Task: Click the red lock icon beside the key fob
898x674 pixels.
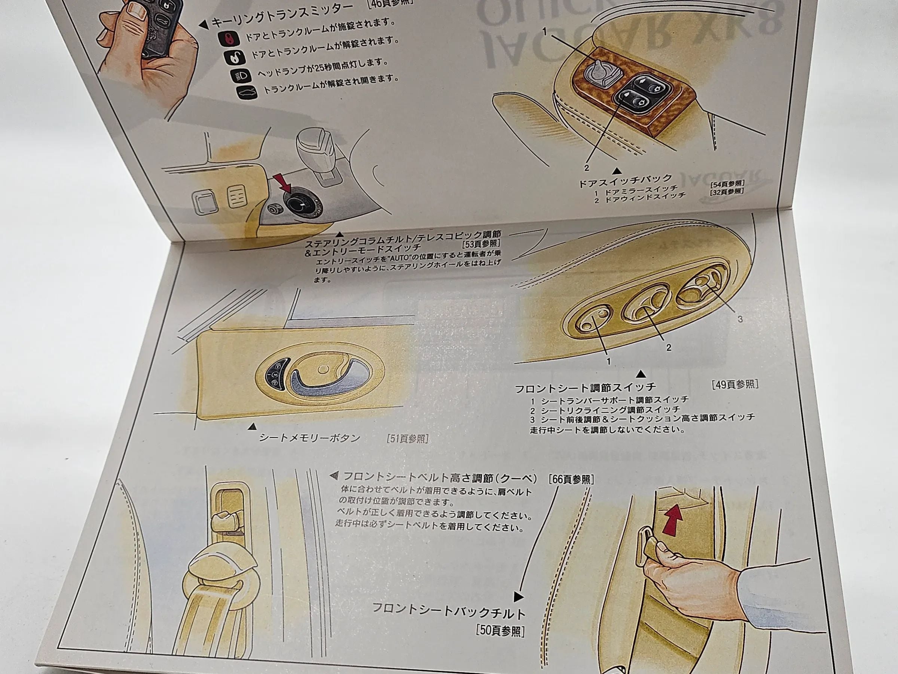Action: click(224, 39)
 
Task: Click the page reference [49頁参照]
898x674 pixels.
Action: click(735, 384)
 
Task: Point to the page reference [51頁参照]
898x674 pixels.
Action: click(407, 439)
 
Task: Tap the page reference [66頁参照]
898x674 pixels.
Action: click(571, 479)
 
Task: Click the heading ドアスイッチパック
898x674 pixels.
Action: click(626, 180)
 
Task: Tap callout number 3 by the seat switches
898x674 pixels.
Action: click(740, 319)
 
